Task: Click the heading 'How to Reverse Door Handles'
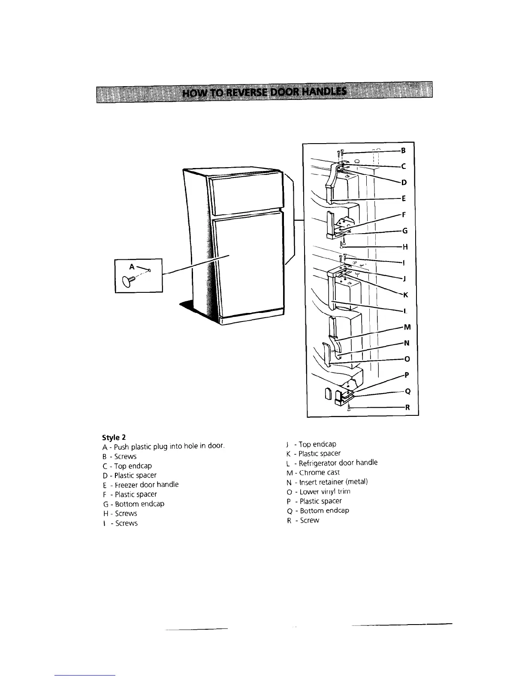(x=264, y=92)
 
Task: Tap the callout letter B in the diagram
(x=403, y=150)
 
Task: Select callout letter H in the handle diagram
(x=404, y=247)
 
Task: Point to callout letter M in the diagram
(x=407, y=327)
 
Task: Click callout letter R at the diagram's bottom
(x=408, y=408)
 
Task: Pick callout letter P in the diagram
(x=406, y=375)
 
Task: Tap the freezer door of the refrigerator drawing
(x=245, y=191)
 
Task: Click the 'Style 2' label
(x=114, y=438)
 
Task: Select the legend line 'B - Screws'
(x=120, y=457)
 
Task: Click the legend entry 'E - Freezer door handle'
(x=141, y=485)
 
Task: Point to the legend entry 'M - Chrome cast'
(x=313, y=472)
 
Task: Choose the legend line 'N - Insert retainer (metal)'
(x=327, y=482)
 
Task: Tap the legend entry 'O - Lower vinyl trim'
(x=318, y=492)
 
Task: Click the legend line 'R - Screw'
(x=303, y=520)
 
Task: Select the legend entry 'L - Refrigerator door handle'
(x=332, y=463)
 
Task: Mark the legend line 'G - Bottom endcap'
(x=133, y=504)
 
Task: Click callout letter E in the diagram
(x=404, y=199)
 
